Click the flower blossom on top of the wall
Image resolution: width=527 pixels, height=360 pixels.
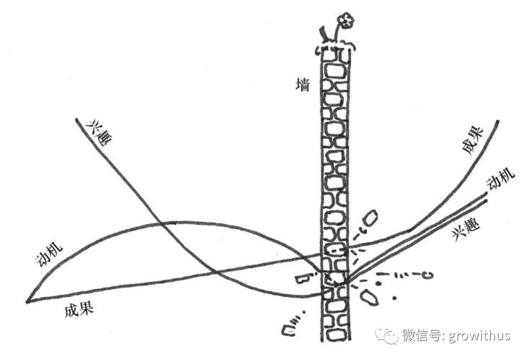point(346,21)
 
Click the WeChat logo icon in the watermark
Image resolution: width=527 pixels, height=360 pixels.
point(386,335)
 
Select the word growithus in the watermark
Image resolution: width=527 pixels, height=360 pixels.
point(479,335)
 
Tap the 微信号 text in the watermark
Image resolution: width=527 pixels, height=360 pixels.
point(421,335)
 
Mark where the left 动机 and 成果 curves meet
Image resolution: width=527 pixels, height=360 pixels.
point(27,301)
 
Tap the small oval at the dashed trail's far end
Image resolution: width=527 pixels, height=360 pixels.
point(428,275)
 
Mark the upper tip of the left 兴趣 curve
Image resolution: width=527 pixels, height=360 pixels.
point(76,119)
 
